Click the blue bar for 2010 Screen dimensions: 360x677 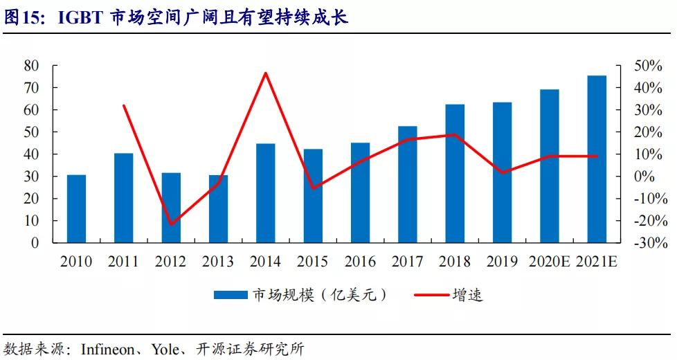pos(76,208)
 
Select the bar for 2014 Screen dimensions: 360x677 pos(266,193)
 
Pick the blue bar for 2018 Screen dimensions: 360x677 pos(455,173)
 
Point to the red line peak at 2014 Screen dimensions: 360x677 pos(266,73)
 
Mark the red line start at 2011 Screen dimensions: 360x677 pos(124,105)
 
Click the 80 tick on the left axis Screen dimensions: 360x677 pos(30,66)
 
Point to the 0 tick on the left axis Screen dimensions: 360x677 pos(35,243)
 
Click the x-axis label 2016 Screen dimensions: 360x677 pos(360,262)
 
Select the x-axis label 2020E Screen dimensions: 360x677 pos(549,262)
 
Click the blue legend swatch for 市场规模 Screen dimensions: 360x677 pos(231,295)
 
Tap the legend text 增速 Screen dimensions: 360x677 pos(467,295)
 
